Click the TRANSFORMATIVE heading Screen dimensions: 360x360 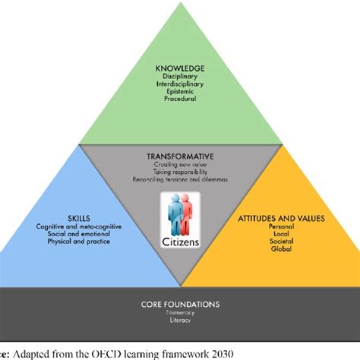179,157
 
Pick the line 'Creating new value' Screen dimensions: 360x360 179,166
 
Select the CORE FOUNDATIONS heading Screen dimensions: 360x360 179,305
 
